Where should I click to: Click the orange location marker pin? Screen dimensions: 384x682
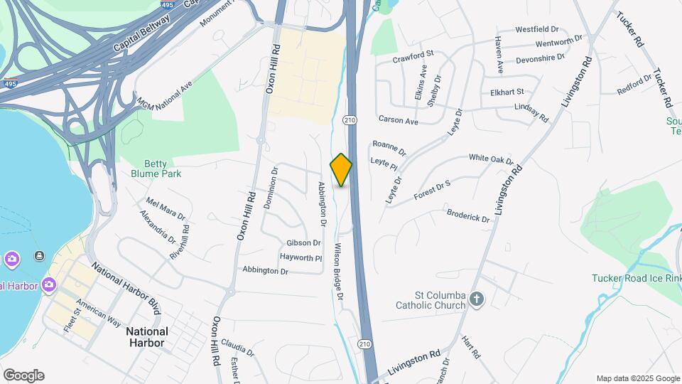coord(341,170)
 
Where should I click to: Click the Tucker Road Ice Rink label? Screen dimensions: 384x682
coord(637,278)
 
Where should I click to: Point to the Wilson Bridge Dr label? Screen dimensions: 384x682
coord(338,271)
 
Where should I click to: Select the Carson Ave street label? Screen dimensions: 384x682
coord(399,120)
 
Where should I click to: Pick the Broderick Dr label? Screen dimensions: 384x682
coord(468,215)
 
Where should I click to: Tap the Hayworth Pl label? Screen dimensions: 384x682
coord(301,257)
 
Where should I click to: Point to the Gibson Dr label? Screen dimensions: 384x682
coord(304,243)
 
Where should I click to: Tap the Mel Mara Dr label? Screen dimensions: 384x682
coord(166,209)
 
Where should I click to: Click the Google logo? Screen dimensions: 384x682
coord(23,375)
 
